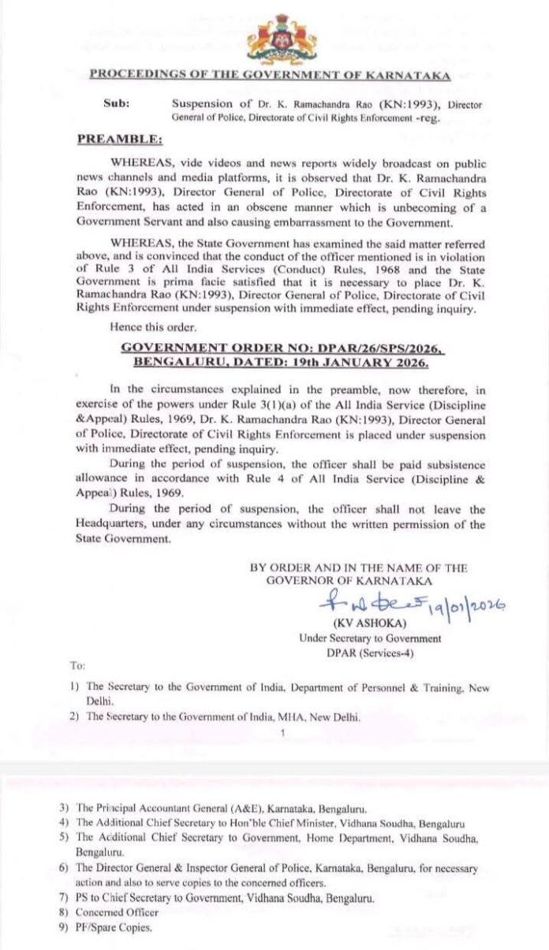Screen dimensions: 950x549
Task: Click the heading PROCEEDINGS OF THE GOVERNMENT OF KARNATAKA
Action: (270, 75)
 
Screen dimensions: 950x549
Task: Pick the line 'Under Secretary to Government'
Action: (370, 638)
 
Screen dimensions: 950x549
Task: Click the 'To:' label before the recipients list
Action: (78, 666)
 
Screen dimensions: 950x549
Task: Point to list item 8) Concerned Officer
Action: (114, 913)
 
